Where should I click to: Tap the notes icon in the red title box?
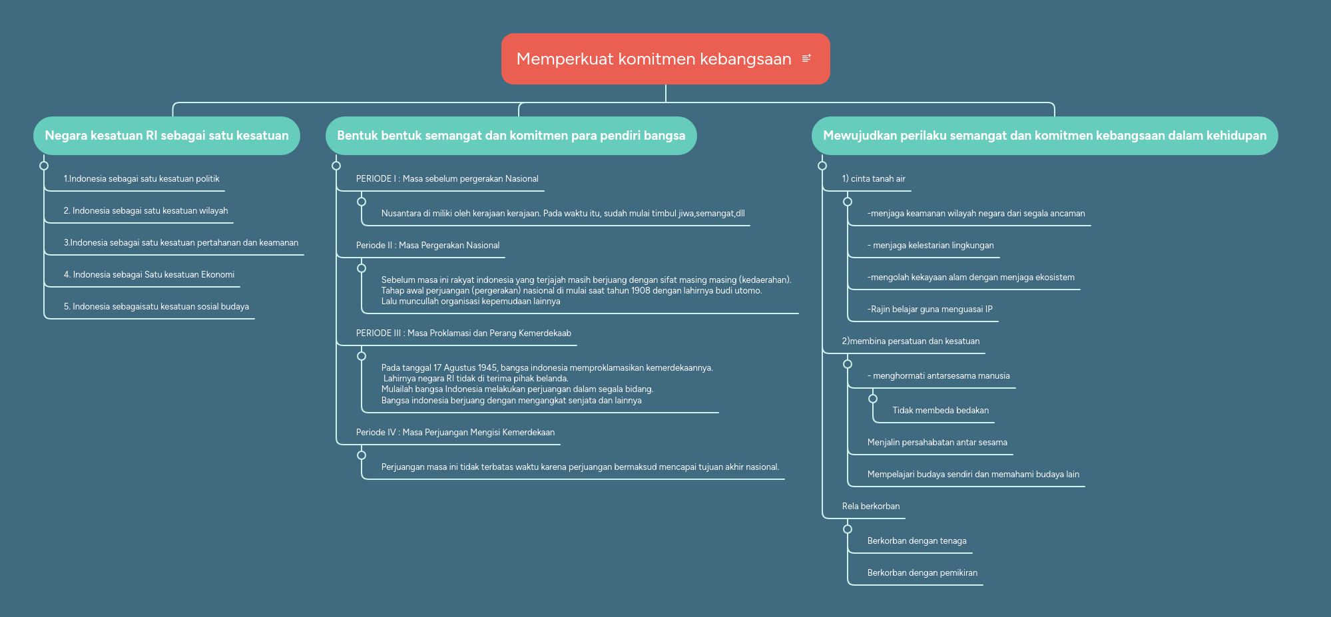coord(806,59)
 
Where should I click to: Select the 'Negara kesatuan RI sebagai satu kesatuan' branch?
coord(166,136)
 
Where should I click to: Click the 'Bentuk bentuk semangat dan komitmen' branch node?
coord(511,136)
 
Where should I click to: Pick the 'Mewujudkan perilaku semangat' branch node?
coord(1044,136)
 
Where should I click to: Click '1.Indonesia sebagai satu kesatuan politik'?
coord(141,179)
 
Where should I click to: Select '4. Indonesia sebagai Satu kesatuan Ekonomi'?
coord(149,275)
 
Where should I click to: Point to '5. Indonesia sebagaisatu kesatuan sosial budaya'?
coord(156,307)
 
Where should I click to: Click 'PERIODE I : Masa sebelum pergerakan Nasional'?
coord(447,179)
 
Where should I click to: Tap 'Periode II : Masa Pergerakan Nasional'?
coord(427,246)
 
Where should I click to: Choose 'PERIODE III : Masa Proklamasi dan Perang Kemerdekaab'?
coord(463,333)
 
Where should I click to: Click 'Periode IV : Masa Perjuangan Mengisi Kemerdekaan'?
coord(455,433)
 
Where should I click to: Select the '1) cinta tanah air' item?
coord(874,179)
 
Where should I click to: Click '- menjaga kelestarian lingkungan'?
coord(930,246)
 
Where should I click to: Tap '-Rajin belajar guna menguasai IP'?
coord(930,309)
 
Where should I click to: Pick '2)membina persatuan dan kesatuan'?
coord(910,341)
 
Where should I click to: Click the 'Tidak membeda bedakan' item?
coord(940,411)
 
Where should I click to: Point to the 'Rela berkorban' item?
coord(870,507)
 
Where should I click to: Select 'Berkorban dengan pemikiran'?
coord(922,573)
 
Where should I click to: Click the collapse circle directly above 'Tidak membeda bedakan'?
coord(873,399)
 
